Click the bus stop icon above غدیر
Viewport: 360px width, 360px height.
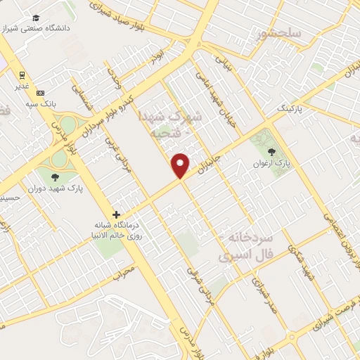(22, 75)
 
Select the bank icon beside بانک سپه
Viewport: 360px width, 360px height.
(40, 93)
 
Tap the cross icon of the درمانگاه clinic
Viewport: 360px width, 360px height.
(117, 214)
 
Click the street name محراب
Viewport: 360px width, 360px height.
(122, 271)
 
